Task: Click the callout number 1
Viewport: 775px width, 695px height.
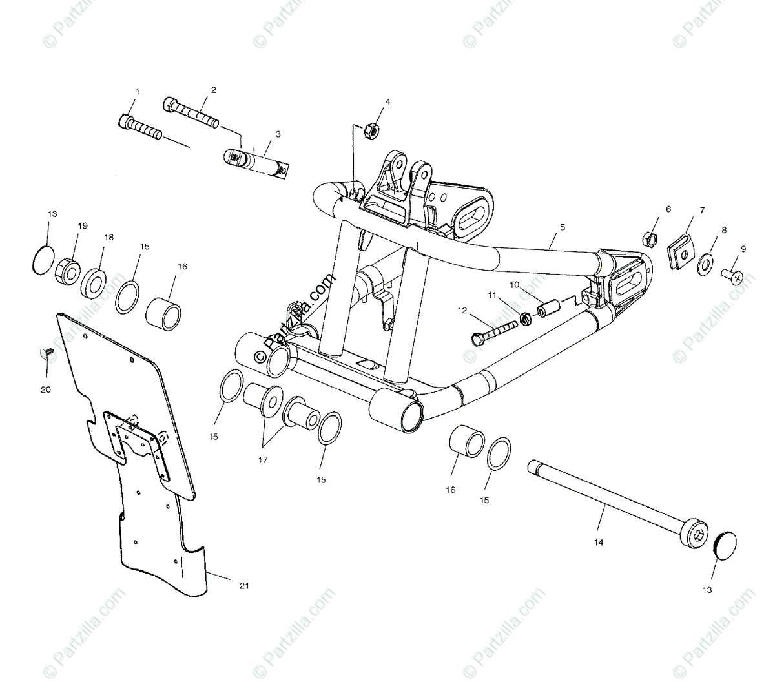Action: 136,92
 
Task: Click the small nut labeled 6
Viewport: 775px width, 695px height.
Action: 651,240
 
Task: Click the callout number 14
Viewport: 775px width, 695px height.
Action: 599,543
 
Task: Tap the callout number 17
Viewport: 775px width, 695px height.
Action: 262,461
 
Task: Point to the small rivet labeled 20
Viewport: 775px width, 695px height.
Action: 46,353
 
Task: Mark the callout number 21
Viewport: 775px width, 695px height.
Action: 243,585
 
